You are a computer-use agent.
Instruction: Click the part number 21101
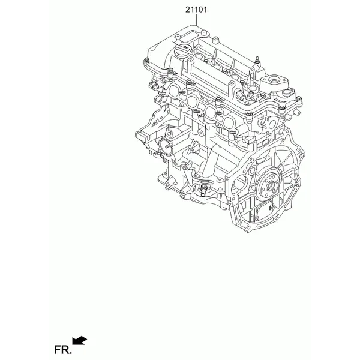coord(196,10)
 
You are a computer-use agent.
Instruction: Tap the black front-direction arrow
coord(79,340)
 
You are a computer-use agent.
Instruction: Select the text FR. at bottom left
coord(63,350)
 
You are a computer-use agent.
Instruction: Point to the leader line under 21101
coord(197,20)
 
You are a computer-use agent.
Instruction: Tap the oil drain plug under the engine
coord(203,191)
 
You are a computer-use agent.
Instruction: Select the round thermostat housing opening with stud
coord(166,147)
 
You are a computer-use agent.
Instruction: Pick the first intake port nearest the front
coord(174,89)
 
